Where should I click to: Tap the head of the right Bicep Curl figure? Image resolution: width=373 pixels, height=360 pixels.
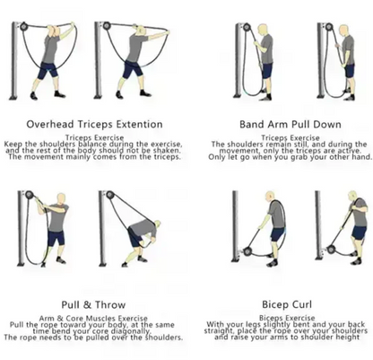[x=344, y=198]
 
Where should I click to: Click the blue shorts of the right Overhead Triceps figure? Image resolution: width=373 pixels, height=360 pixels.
[x=134, y=69]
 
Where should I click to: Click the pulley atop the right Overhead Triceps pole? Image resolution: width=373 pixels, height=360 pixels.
[x=109, y=26]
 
